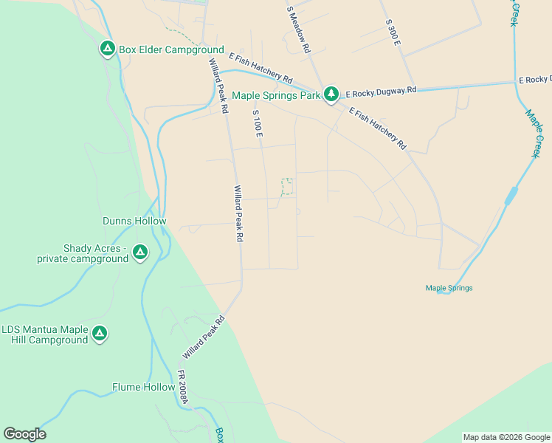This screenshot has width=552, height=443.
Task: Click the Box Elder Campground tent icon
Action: [x=107, y=49]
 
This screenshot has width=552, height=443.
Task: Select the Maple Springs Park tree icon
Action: [x=331, y=94]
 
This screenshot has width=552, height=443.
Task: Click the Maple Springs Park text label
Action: [x=276, y=95]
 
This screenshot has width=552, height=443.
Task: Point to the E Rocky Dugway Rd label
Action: [x=381, y=89]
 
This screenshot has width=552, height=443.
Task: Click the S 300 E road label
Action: [x=393, y=34]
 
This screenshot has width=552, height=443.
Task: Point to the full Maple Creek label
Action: [x=534, y=134]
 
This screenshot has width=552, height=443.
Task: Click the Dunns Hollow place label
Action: [x=134, y=221]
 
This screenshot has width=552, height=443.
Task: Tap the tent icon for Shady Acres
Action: [x=139, y=253]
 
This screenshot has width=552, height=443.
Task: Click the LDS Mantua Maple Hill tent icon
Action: [x=99, y=334]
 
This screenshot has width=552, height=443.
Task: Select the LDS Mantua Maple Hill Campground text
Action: [x=45, y=334]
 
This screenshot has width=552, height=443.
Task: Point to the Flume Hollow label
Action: [x=143, y=387]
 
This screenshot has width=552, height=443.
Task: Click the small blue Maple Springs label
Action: [x=449, y=288]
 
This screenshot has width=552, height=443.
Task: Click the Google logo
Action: [x=24, y=434]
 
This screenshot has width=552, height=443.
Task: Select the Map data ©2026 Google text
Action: [x=506, y=437]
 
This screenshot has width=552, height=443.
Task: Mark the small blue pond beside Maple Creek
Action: [x=511, y=196]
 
